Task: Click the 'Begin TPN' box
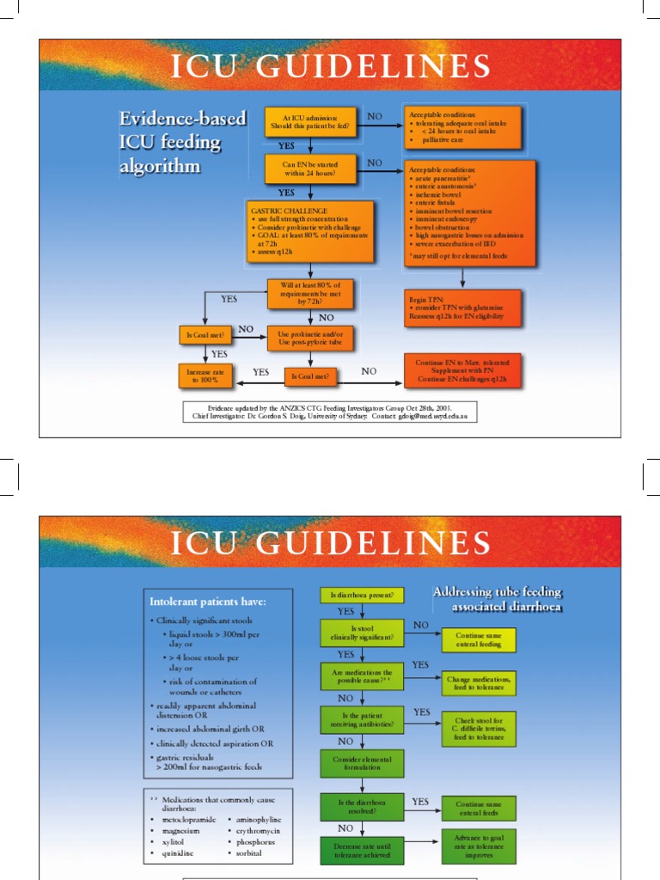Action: click(x=464, y=308)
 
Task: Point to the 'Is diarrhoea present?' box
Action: click(x=363, y=595)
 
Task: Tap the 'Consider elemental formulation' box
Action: click(x=362, y=761)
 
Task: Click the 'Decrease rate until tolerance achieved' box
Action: click(x=362, y=848)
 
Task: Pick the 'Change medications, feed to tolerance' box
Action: click(x=480, y=683)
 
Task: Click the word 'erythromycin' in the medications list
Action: click(x=254, y=831)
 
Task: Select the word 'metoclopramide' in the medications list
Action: click(x=189, y=820)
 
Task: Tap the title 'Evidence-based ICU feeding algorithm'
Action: click(x=182, y=142)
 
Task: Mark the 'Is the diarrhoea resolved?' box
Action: click(x=362, y=807)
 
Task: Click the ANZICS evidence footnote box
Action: click(x=329, y=412)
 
